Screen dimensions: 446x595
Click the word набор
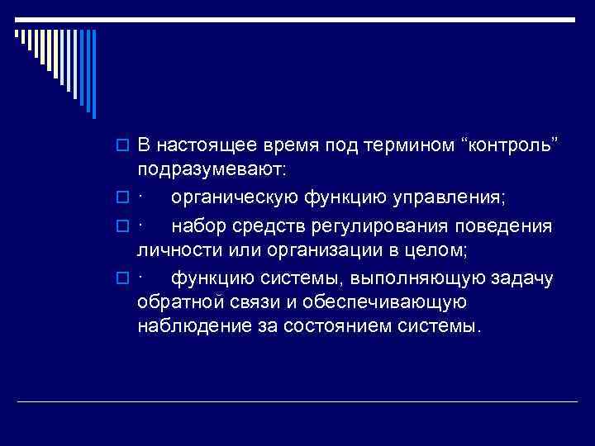coord(196,226)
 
